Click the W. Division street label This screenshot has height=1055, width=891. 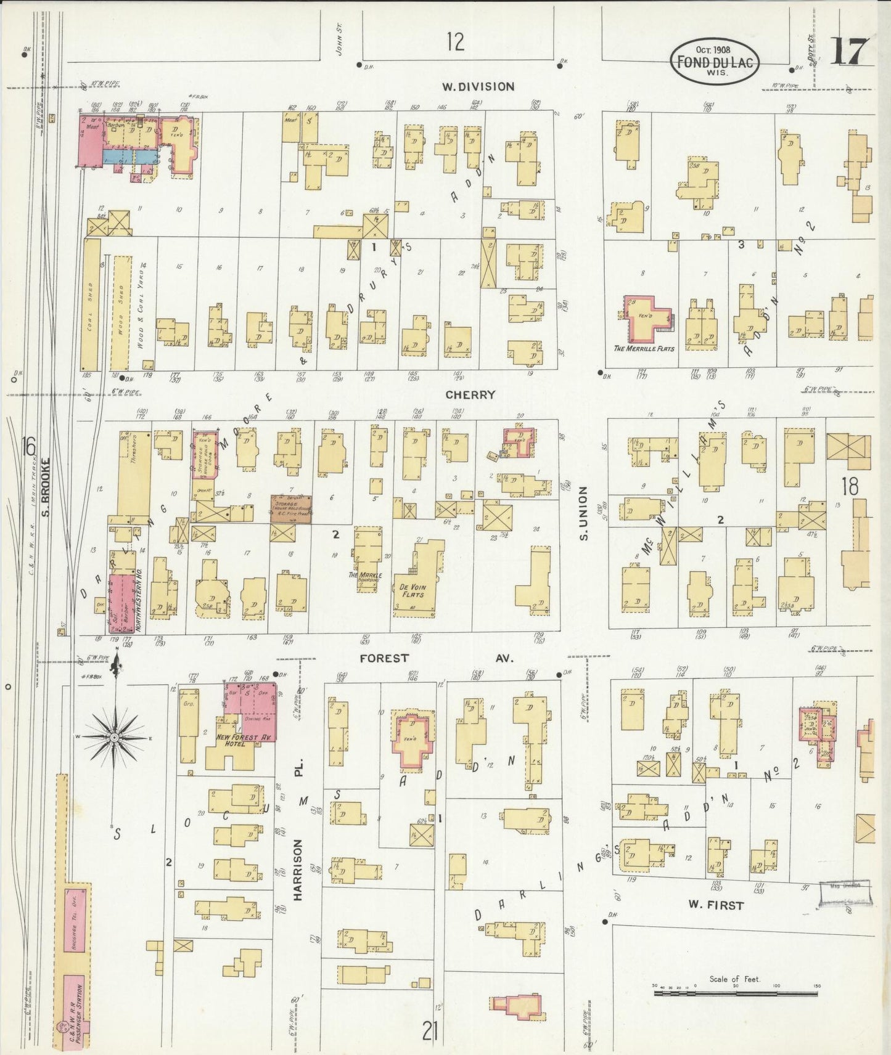click(478, 87)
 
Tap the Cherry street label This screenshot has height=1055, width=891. click(470, 395)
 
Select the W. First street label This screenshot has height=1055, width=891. click(716, 905)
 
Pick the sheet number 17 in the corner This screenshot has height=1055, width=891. click(850, 51)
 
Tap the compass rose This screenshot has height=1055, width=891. click(115, 737)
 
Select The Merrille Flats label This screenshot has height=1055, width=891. click(644, 349)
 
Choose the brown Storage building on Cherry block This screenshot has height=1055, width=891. click(290, 508)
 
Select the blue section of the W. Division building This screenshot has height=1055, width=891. click(129, 157)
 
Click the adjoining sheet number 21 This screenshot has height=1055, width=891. click(430, 1030)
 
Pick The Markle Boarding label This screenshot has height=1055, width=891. click(368, 578)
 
